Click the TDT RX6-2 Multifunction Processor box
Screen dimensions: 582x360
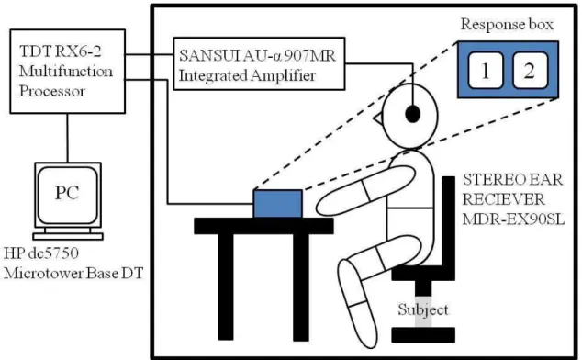pos(68,72)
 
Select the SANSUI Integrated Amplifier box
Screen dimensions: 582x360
pos(259,63)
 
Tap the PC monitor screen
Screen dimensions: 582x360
pos(68,195)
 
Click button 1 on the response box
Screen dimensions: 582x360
pos(486,70)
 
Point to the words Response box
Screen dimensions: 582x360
pos(507,25)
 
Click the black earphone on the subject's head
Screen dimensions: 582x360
pos(413,114)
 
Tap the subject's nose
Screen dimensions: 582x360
pos(377,118)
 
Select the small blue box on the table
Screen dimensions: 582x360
pos(278,204)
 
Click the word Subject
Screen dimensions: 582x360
pos(423,309)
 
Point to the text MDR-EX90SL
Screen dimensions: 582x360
pos(513,219)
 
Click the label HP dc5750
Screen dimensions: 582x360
pos(41,253)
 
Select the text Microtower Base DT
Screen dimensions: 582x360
pos(73,274)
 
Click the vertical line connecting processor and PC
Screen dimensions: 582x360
pos(68,138)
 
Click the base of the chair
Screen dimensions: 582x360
pos(423,334)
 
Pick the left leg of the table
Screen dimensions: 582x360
pos(226,287)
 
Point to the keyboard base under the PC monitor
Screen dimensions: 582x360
pos(68,236)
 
